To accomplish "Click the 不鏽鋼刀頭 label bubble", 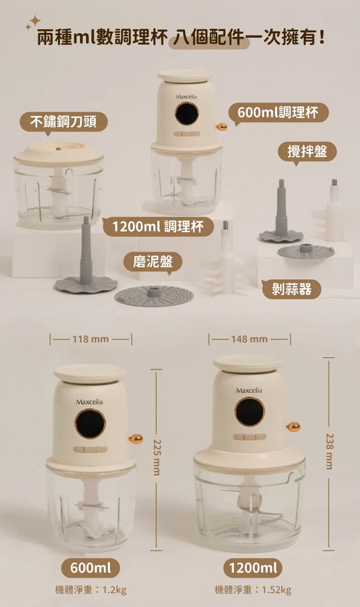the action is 63,122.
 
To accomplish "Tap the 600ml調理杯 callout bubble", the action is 278,113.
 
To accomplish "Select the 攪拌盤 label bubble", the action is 307,151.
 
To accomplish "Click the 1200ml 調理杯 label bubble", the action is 158,227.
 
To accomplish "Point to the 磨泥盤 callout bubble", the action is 153,262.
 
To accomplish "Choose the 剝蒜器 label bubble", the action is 292,289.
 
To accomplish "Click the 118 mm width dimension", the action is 91,340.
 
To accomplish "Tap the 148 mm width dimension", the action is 249,340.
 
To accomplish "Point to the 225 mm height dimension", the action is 156,460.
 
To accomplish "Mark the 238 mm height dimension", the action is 329,453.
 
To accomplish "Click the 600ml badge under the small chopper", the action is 91,568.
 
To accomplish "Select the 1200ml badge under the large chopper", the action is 253,568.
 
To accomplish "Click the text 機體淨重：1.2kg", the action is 91,590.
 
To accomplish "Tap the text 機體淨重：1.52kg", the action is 253,590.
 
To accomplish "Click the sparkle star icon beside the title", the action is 32,22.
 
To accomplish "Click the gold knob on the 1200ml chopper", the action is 293,427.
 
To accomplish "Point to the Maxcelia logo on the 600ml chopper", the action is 89,402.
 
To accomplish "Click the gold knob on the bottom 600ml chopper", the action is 136,439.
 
